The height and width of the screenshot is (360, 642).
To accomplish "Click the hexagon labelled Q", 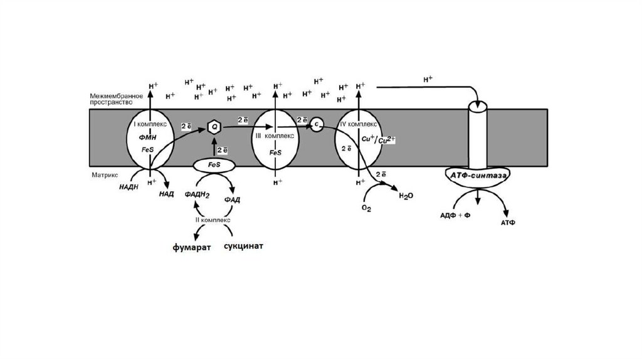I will [214, 127].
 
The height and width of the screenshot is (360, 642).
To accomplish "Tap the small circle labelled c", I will [317, 124].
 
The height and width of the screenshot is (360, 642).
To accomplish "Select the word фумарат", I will [192, 246].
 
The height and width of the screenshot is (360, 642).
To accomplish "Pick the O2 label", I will [367, 208].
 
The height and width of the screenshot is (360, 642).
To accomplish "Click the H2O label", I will [406, 196].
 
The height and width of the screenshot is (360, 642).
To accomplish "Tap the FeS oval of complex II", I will [214, 166].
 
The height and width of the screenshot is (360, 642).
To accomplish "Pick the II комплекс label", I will [213, 220].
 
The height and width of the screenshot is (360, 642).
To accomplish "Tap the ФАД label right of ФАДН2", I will [233, 199].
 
